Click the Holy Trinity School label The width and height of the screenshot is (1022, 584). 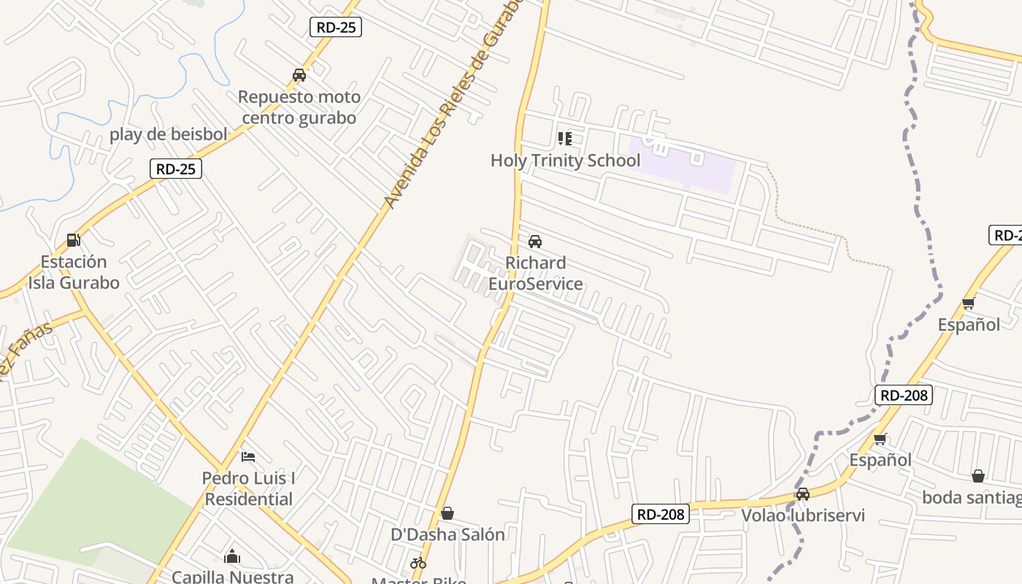565,161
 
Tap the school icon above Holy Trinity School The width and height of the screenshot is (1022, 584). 564,138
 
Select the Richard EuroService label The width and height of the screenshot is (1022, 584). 535,273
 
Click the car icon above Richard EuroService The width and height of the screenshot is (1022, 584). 535,242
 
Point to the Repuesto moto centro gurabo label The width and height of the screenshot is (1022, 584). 299,107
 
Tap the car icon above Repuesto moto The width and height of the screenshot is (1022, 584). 299,75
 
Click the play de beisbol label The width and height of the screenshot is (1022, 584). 169,134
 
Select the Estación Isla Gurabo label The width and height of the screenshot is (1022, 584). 74,272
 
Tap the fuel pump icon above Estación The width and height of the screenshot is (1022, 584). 73,239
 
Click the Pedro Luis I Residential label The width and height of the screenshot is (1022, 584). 248,489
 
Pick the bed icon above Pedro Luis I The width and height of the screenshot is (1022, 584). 248,458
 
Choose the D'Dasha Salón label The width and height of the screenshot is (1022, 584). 447,534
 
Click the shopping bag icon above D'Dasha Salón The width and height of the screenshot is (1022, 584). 447,514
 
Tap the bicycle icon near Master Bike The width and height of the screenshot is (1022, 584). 418,563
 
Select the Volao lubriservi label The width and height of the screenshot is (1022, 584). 803,515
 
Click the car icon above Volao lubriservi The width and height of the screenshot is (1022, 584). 803,494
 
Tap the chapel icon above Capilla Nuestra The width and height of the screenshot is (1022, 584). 232,556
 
